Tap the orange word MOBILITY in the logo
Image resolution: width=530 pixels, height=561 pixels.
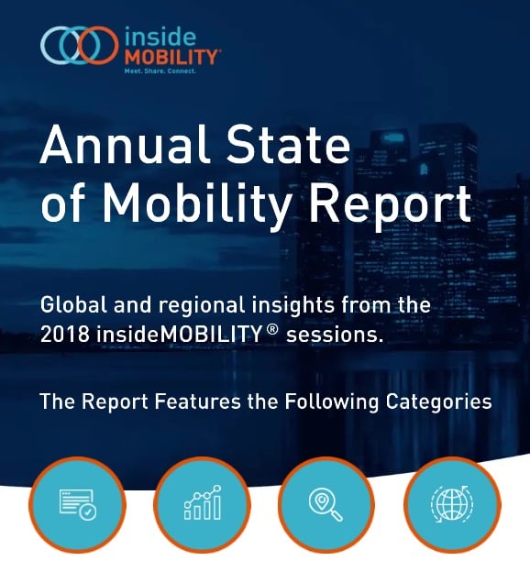click(171, 57)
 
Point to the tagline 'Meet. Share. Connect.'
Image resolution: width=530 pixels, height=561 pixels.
click(160, 71)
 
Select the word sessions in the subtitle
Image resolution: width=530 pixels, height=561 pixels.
click(334, 335)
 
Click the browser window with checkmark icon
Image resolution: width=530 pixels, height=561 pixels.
click(77, 505)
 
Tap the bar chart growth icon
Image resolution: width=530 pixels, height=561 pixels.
click(202, 505)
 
